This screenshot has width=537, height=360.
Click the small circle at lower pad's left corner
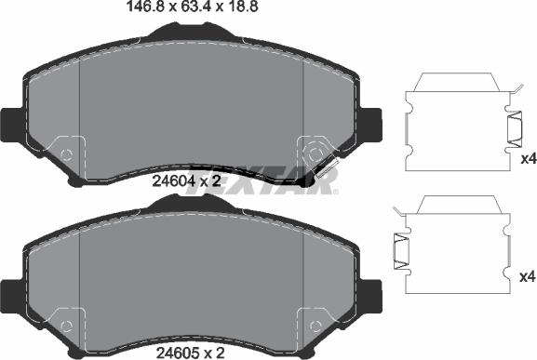click(x=66, y=323)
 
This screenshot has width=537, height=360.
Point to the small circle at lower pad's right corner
click(x=313, y=323)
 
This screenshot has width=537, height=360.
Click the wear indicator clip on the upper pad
click(x=327, y=168)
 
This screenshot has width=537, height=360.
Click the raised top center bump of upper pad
click(x=191, y=32)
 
